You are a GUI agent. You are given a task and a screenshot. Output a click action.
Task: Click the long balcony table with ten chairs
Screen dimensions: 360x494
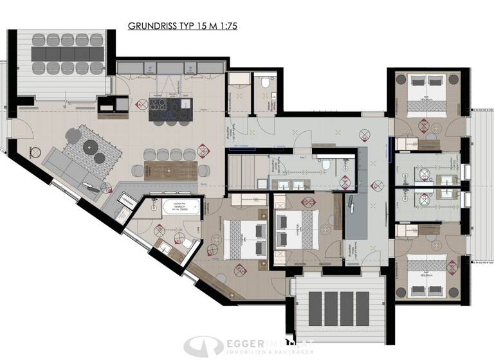click(62, 53)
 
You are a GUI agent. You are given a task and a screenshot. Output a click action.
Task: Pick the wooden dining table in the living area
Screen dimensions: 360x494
click(171, 170)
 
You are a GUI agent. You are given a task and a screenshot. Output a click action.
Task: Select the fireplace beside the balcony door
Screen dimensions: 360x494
click(105, 104)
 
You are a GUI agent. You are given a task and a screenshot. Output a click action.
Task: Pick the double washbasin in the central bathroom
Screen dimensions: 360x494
click(290, 184)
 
